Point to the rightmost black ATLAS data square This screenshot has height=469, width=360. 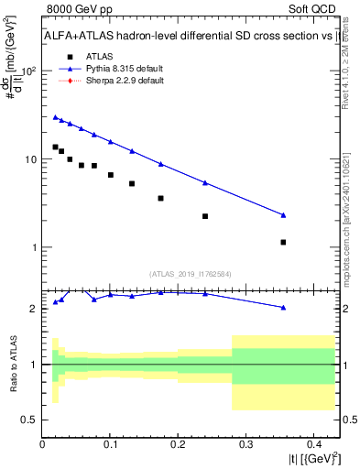(x=283, y=243)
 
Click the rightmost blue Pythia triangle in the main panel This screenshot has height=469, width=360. (x=283, y=215)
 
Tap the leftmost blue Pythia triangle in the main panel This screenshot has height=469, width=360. (x=55, y=117)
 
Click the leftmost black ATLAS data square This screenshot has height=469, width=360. (x=55, y=147)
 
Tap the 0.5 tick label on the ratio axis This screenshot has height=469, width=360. (x=29, y=420)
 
